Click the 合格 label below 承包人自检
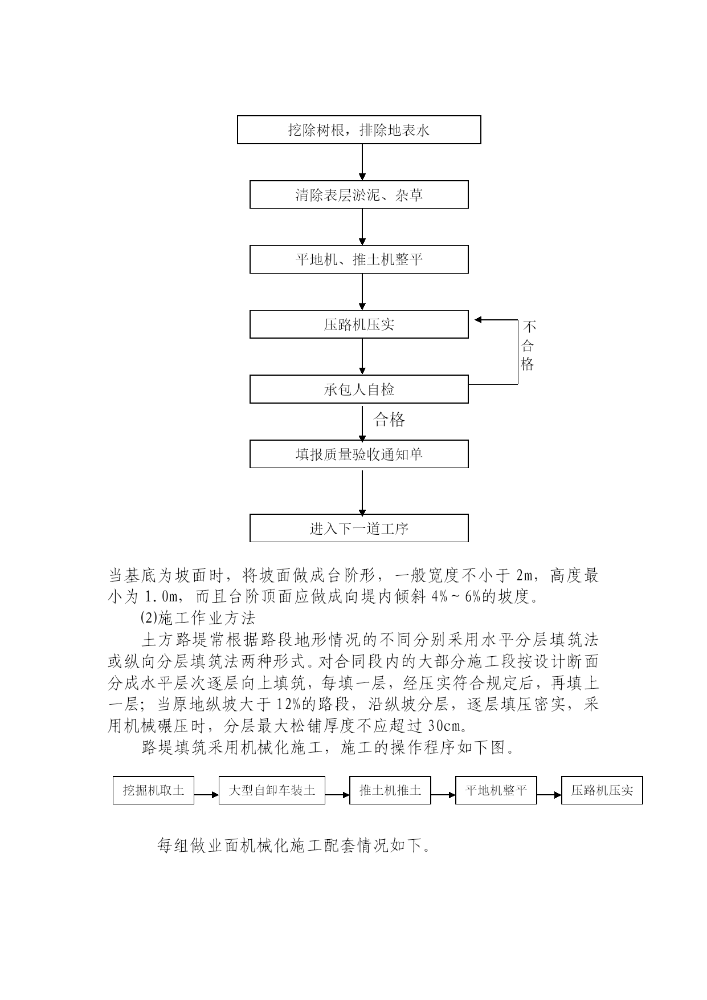[x=389, y=420]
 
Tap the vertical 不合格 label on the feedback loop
[x=528, y=345]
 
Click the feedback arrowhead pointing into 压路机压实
[x=479, y=320]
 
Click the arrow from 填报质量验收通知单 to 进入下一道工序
[x=362, y=491]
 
